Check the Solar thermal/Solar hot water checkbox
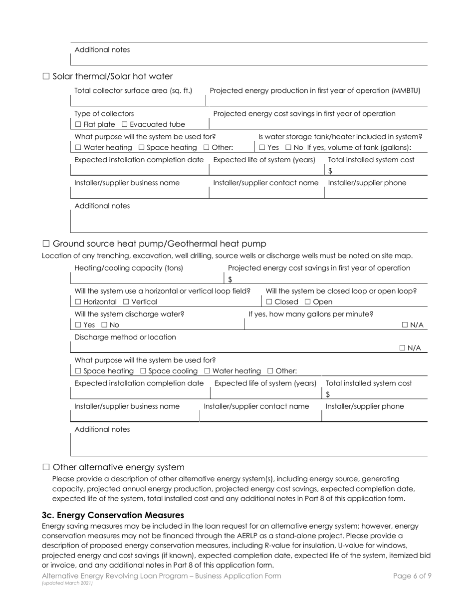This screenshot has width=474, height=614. coord(46,76)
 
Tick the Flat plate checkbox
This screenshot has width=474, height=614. coord(78,124)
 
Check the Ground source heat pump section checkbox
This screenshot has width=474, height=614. coord(46,244)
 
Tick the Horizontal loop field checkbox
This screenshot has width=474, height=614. coord(78,302)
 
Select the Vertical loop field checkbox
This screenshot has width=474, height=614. coord(126,302)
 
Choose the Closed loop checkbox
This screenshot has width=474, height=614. coord(269,302)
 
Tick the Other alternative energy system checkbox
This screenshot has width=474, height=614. coord(46,467)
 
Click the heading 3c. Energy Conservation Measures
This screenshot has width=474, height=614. coord(113,515)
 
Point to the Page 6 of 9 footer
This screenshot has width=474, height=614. coord(412,576)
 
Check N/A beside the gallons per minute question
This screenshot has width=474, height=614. coord(405,325)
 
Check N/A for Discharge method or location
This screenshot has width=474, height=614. coord(403,348)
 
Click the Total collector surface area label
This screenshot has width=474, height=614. coord(133,90)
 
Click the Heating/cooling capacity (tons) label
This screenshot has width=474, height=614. coord(129,268)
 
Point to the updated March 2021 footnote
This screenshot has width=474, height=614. coord(67,583)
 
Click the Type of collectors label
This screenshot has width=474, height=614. coord(104,113)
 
